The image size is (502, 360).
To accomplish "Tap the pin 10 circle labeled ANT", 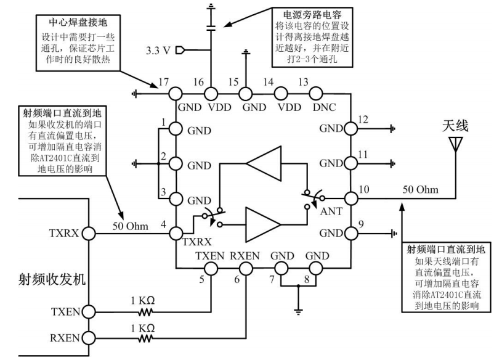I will [x=351, y=198].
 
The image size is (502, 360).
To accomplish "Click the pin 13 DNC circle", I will [x=315, y=94].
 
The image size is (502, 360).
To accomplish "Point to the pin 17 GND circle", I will [x=175, y=94].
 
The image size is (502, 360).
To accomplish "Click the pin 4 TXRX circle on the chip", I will [x=175, y=234].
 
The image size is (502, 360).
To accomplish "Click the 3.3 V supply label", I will [x=160, y=49].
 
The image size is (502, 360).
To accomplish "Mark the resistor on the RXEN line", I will [x=145, y=338].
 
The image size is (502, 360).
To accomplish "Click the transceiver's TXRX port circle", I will [x=87, y=234].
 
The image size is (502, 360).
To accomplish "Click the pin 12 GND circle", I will [x=351, y=129].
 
